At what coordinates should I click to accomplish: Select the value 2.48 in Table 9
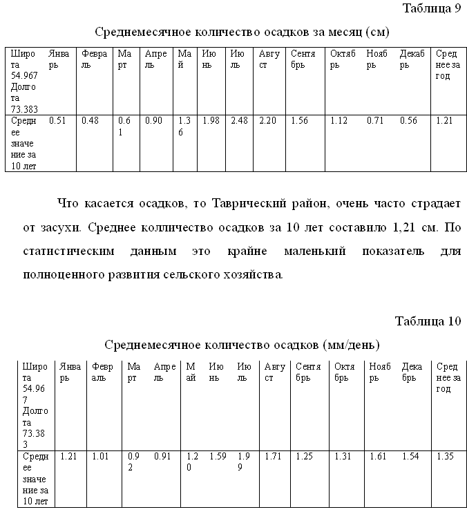(239, 121)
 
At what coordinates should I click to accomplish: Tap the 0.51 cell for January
(57, 121)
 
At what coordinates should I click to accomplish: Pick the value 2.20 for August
(267, 121)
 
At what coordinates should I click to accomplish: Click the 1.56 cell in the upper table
(299, 121)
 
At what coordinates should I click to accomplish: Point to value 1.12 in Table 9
(339, 121)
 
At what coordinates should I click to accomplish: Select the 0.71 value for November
(375, 121)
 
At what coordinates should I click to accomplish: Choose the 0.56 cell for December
(409, 121)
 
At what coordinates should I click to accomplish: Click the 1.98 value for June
(211, 121)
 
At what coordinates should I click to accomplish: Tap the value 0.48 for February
(90, 121)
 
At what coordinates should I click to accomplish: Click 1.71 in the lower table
(274, 457)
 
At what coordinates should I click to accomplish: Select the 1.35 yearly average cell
(446, 457)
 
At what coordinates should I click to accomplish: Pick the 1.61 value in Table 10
(378, 457)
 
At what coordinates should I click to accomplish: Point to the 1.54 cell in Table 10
(411, 457)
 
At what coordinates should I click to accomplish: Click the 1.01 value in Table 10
(101, 457)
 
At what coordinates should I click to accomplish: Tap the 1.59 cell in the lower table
(218, 457)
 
